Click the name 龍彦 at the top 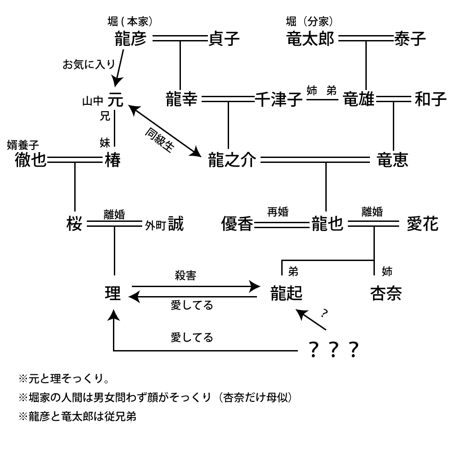[131, 40]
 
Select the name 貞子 [224, 40]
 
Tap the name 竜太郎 [310, 40]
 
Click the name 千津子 [279, 99]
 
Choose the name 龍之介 [232, 160]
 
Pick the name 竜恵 [392, 160]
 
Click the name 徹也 [31, 160]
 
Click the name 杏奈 [386, 293]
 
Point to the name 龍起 [286, 293]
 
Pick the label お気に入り [89, 65]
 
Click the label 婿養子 [23, 145]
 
